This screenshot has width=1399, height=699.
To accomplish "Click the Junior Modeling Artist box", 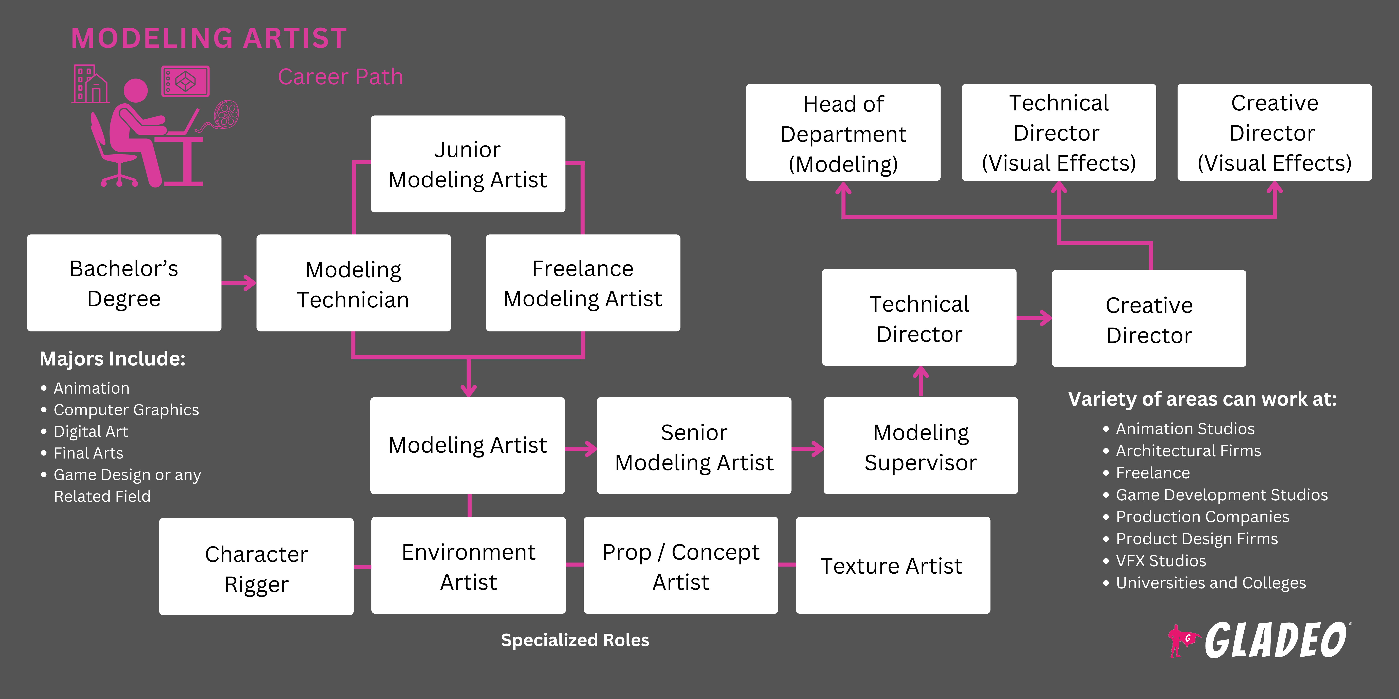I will click(x=468, y=164).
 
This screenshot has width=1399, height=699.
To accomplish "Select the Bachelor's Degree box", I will click(x=124, y=283).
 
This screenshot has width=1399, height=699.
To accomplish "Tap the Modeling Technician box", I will click(x=353, y=283).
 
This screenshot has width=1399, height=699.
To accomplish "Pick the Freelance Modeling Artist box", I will click(x=583, y=283).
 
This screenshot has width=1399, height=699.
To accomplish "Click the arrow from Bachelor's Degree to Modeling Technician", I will click(x=239, y=283).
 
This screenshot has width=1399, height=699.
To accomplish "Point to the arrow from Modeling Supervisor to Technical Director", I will click(x=921, y=381).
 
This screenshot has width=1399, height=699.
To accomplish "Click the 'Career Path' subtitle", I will click(x=340, y=77).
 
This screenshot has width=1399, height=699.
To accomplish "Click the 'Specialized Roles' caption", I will click(x=575, y=640).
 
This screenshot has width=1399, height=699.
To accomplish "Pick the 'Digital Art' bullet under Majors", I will click(x=91, y=431).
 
